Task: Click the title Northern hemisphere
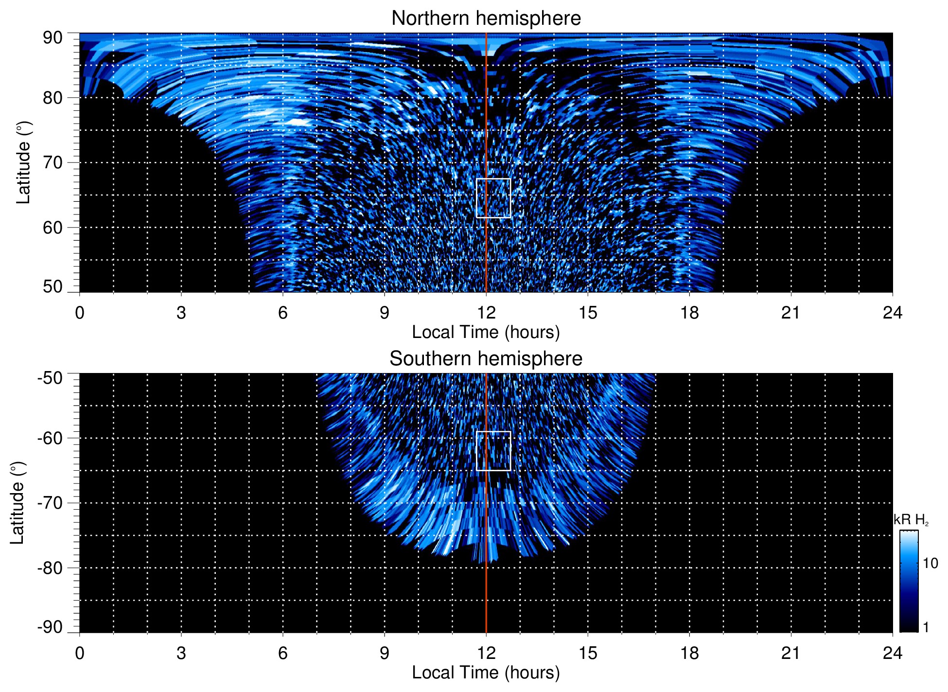(486, 18)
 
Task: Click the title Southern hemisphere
(486, 359)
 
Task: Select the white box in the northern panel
(493, 198)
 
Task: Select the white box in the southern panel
(493, 451)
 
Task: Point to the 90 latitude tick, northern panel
(53, 38)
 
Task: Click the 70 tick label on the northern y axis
(53, 162)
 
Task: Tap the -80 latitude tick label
(50, 568)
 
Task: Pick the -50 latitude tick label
(50, 378)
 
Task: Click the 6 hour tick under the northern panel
(282, 313)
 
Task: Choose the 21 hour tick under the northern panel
(790, 313)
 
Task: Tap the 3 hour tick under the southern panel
(181, 653)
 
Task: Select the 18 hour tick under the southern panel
(689, 653)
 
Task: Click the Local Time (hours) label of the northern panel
(486, 332)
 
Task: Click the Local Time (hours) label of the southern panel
(486, 673)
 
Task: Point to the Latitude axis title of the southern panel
(18, 503)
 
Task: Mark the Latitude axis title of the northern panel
(23, 162)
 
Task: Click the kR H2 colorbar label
(911, 520)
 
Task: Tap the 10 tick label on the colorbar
(930, 563)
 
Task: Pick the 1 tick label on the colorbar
(926, 627)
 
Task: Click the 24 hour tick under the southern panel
(892, 653)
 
